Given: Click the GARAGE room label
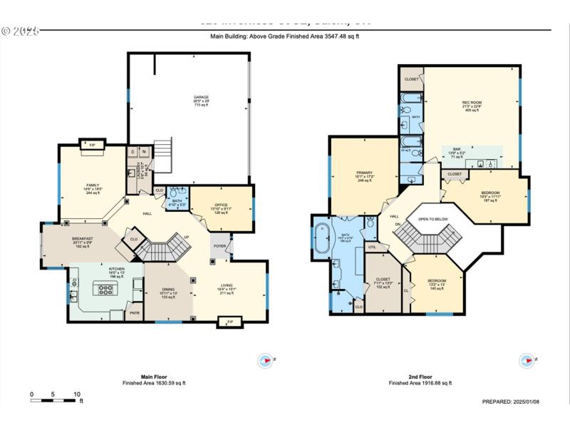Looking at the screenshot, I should pos(201,97).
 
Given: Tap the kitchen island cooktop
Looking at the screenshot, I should pos(105,290).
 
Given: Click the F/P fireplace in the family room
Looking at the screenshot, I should pos(93,146).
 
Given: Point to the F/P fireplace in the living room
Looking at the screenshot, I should pos(229,322).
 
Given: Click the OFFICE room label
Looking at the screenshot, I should pos(221,205).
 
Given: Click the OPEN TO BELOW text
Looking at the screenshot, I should pos(433,219).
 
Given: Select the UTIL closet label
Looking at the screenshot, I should pos(372,247).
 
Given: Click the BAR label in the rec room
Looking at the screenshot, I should pos(457,149).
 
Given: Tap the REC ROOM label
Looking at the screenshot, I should pos(472,103).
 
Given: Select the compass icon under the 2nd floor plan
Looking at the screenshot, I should pos(527,361).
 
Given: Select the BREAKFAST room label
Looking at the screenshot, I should pos(83,239).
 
